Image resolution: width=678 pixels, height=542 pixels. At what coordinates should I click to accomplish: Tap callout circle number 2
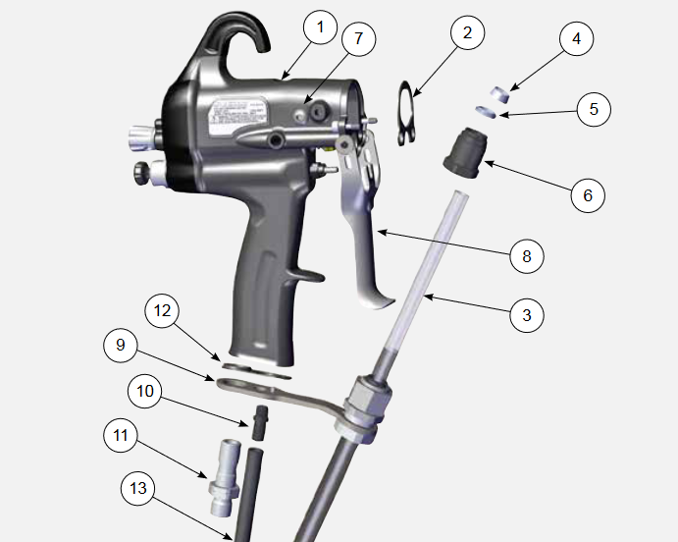(x=467, y=32)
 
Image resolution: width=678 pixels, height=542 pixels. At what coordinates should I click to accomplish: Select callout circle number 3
(x=526, y=315)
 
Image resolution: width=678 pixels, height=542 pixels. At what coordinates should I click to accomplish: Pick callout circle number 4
(x=576, y=39)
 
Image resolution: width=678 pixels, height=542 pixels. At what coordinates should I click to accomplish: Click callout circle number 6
(x=588, y=194)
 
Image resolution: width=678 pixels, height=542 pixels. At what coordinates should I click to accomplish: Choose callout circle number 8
(x=526, y=256)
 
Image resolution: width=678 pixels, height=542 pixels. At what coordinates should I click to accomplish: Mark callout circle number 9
(x=121, y=345)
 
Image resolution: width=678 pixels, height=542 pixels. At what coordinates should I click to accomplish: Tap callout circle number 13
(x=138, y=488)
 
